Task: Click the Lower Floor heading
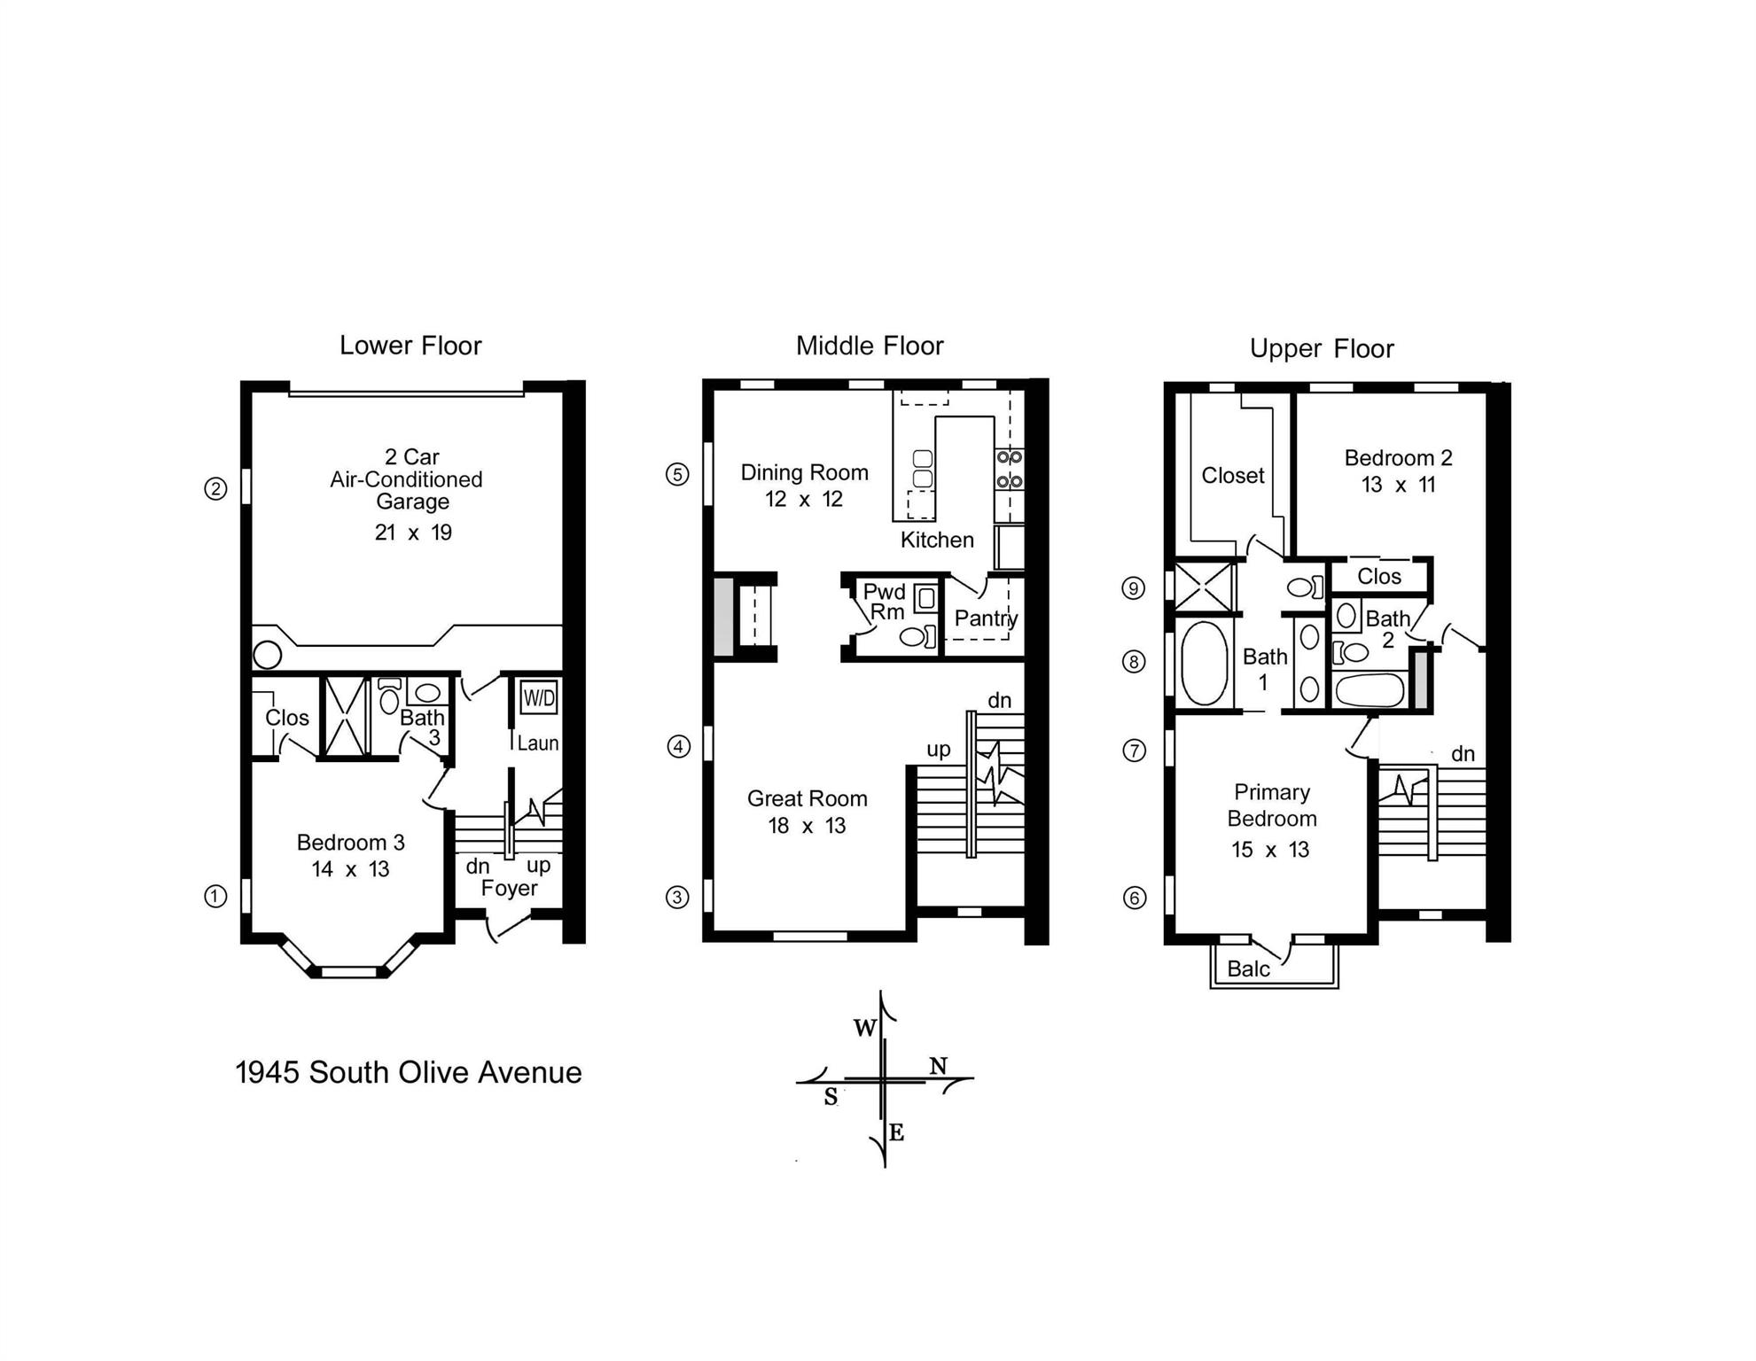click(x=410, y=346)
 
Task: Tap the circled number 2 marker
click(x=215, y=488)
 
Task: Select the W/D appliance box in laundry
click(x=539, y=697)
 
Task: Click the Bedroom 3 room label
click(x=350, y=842)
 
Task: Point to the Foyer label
click(x=509, y=888)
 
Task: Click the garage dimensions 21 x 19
click(x=413, y=533)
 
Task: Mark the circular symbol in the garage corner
click(x=268, y=655)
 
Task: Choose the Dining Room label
click(x=804, y=472)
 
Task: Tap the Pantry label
click(x=985, y=618)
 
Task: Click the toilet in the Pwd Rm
click(x=915, y=636)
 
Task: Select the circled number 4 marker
click(x=678, y=747)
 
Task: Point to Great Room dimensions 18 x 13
click(x=807, y=826)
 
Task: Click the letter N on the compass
click(x=938, y=1066)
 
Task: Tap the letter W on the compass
click(x=865, y=1028)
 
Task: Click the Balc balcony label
click(x=1248, y=968)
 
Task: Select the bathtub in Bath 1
click(x=1204, y=663)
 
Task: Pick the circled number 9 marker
click(x=1133, y=588)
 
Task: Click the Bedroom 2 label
click(x=1398, y=458)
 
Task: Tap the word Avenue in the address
click(x=530, y=1072)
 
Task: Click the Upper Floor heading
click(x=1321, y=348)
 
